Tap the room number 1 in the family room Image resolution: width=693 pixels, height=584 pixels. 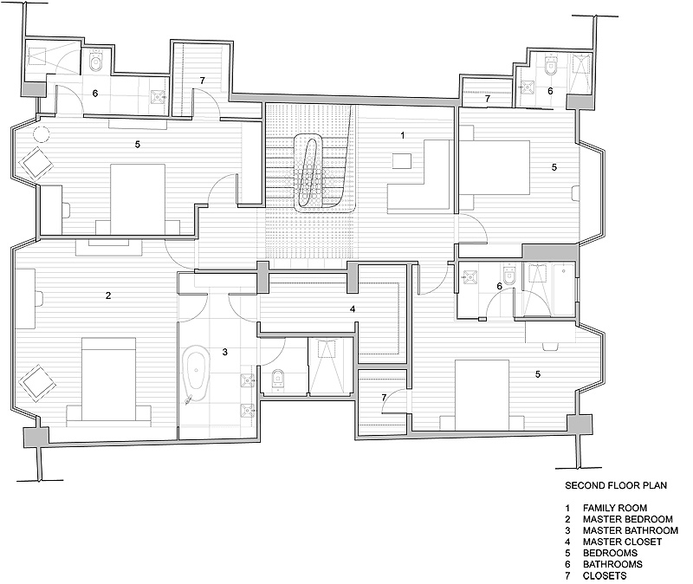pyautogui.click(x=402, y=135)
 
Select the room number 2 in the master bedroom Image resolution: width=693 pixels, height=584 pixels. pyautogui.click(x=108, y=295)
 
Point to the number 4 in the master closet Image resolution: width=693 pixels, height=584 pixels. pyautogui.click(x=353, y=308)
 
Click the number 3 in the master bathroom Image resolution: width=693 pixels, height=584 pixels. pyautogui.click(x=225, y=352)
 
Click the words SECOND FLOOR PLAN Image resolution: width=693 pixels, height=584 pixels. pyautogui.click(x=616, y=485)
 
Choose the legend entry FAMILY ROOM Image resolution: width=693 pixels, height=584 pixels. pyautogui.click(x=615, y=508)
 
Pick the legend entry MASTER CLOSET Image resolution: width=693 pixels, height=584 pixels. pyautogui.click(x=622, y=542)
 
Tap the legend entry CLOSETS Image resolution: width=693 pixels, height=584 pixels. pyautogui.click(x=605, y=575)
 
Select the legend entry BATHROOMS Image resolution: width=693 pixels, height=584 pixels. pyautogui.click(x=612, y=564)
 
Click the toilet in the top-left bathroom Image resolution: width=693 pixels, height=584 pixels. pyautogui.click(x=95, y=62)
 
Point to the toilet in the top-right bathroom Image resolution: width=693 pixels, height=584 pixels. pyautogui.click(x=551, y=66)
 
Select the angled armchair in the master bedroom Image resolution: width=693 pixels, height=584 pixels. pyautogui.click(x=37, y=382)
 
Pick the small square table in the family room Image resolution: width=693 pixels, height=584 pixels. pyautogui.click(x=402, y=160)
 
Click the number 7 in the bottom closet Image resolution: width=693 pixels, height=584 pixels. pyautogui.click(x=384, y=398)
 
